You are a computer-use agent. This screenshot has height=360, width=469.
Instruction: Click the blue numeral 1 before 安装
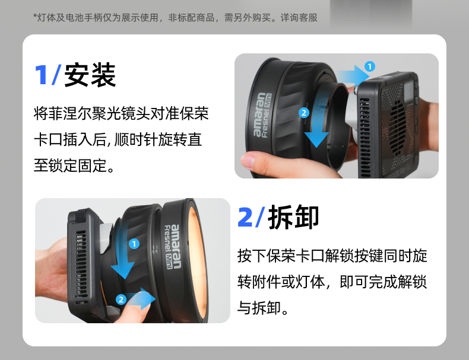click(41, 75)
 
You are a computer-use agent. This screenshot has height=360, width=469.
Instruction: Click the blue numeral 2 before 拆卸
click(245, 217)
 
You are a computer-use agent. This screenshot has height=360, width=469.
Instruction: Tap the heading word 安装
click(90, 75)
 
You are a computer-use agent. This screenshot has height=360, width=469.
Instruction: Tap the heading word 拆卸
click(293, 217)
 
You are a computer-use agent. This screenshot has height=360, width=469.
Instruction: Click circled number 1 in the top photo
click(370, 66)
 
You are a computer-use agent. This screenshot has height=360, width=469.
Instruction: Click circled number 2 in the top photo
click(304, 113)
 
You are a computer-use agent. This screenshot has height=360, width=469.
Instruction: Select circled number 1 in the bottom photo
click(134, 244)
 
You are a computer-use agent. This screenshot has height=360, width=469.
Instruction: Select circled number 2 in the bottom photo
click(121, 300)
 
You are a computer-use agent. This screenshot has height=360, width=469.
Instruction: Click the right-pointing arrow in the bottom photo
click(141, 299)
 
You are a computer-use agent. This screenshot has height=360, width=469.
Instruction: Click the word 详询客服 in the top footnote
click(299, 18)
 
